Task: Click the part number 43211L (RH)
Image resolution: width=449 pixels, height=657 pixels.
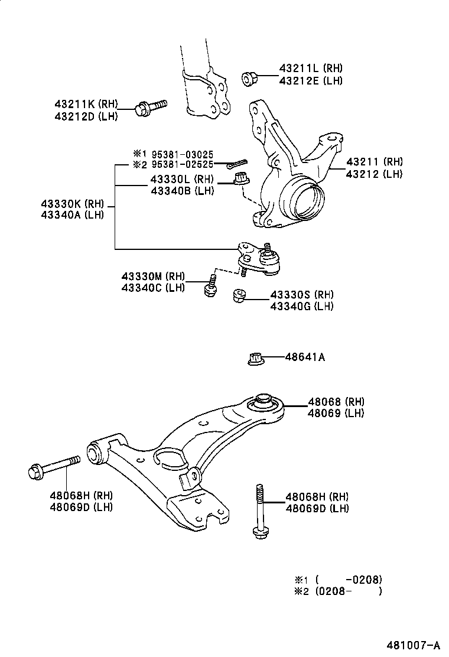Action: [310, 69]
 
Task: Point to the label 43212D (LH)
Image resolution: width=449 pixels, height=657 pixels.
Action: [86, 116]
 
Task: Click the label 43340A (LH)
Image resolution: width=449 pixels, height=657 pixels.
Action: [72, 215]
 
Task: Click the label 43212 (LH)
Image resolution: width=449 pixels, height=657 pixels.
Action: [374, 174]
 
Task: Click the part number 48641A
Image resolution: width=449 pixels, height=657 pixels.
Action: [305, 357]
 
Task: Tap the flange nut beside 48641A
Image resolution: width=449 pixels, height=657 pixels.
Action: [255, 359]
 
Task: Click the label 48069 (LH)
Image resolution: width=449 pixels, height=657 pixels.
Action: [336, 413]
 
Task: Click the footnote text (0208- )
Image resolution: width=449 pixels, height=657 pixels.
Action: [348, 590]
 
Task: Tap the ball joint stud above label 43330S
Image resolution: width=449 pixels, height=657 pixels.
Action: [270, 255]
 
